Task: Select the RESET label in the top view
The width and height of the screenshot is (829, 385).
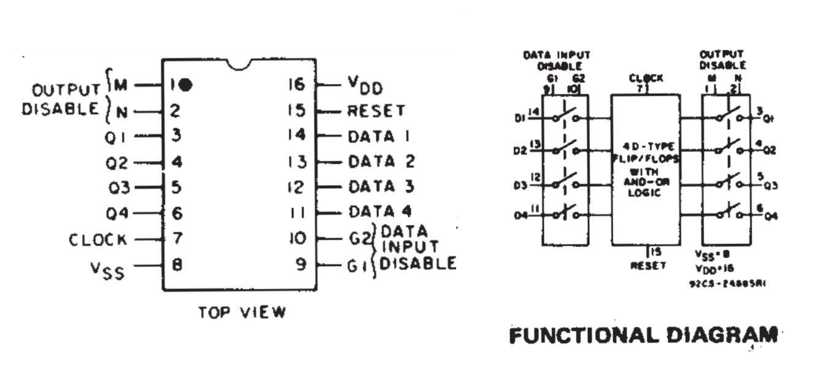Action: [376, 111]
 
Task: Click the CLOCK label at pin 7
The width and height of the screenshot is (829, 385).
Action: [98, 239]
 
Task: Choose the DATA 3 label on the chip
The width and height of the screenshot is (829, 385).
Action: [381, 186]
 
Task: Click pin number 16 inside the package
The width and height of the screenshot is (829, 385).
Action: [296, 85]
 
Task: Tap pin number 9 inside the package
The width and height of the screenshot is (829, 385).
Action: [301, 265]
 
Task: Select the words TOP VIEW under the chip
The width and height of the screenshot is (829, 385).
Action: [242, 312]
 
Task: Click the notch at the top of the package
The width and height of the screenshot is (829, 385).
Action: [239, 63]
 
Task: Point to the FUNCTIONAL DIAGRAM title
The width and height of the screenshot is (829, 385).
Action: [644, 336]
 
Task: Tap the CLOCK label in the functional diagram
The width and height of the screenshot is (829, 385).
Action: [646, 79]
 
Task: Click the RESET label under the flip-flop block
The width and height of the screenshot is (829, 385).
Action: [648, 266]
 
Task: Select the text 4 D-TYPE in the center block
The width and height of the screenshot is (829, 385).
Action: [646, 147]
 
